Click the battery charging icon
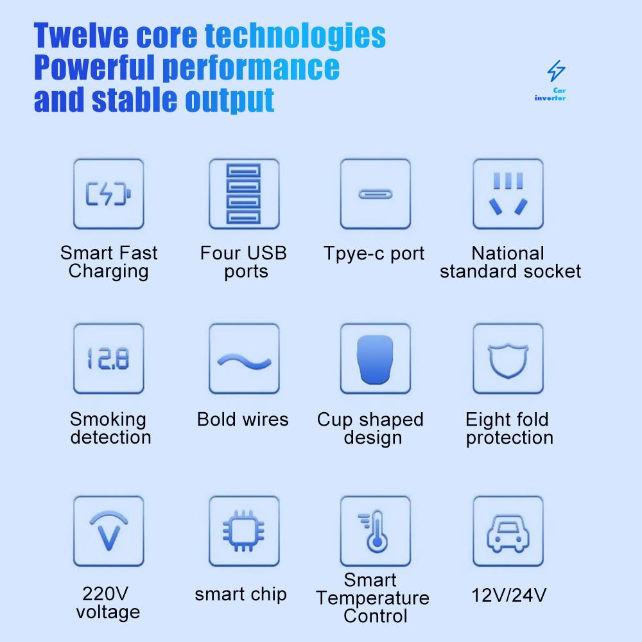(x=108, y=193)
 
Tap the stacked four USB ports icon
(x=244, y=193)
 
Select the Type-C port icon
(x=376, y=194)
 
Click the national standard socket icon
(x=508, y=193)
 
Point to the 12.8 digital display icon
(x=108, y=359)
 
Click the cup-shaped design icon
(x=376, y=359)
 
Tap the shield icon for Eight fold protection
(x=508, y=359)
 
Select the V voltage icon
(x=108, y=531)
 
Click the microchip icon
(x=244, y=531)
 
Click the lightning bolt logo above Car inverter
(x=556, y=71)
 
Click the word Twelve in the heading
(x=81, y=35)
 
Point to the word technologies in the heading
(x=295, y=37)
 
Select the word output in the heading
(x=230, y=100)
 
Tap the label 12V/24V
(x=509, y=595)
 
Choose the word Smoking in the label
(x=108, y=420)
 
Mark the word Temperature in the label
(x=372, y=598)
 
